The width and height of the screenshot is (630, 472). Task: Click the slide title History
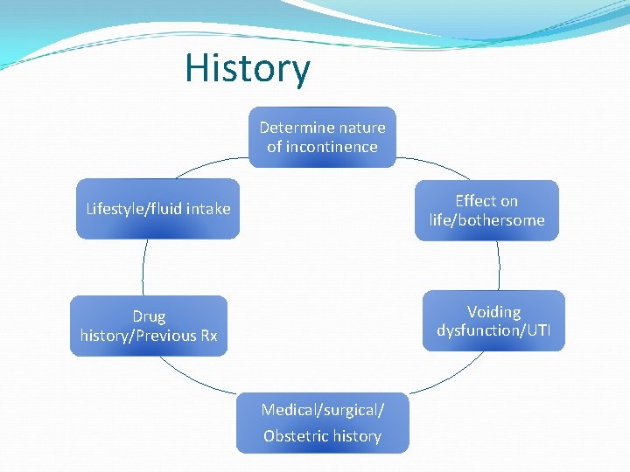(248, 69)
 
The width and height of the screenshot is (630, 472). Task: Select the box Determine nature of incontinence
(322, 137)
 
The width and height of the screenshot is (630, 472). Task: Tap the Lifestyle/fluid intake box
(157, 209)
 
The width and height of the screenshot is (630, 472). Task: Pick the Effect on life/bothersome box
(486, 210)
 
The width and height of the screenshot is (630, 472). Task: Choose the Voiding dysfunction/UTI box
(493, 321)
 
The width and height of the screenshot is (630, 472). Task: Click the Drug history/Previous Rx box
(149, 326)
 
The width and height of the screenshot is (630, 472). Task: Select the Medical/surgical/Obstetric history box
(322, 423)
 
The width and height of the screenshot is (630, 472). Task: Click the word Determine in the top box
(290, 128)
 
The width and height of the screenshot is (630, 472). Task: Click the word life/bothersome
(486, 220)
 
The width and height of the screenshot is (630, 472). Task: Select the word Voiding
(493, 311)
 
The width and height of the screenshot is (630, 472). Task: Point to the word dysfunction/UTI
(493, 331)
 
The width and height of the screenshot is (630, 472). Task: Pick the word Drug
(149, 316)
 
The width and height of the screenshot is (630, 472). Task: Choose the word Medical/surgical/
(322, 410)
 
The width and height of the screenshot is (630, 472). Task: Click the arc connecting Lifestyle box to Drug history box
(143, 267)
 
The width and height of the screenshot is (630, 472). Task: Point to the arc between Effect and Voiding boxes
(499, 266)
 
